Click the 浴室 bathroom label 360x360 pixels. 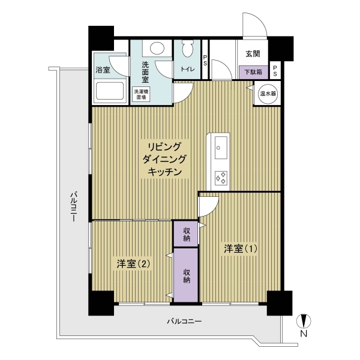tap(103, 70)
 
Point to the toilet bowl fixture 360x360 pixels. tap(184, 49)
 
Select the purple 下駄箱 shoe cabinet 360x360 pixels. tap(252, 71)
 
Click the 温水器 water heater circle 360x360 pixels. tap(267, 94)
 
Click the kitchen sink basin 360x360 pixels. tap(220, 146)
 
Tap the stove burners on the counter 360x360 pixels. tap(221, 178)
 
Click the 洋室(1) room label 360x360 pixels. tap(240, 248)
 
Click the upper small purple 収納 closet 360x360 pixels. tap(186, 234)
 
